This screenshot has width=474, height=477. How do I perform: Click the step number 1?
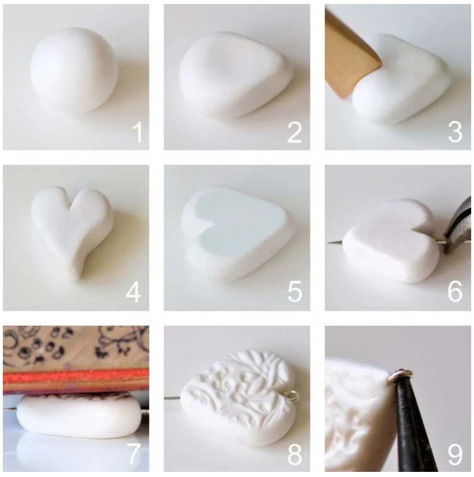(x=138, y=132)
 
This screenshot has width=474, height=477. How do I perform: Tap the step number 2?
(x=295, y=132)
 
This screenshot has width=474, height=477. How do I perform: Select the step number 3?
(x=455, y=132)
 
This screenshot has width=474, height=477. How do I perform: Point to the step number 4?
(x=133, y=292)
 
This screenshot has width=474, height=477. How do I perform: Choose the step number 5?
(x=295, y=292)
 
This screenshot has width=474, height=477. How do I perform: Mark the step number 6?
(x=455, y=292)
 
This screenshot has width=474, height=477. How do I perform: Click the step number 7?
(x=133, y=454)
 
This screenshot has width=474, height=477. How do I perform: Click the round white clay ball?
(x=74, y=70)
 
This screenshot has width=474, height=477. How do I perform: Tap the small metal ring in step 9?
(x=400, y=375)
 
